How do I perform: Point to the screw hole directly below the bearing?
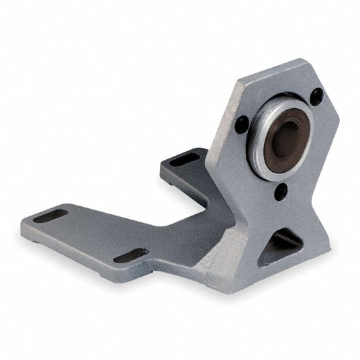click(x=281, y=191)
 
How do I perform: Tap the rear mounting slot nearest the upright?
click(x=183, y=160)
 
